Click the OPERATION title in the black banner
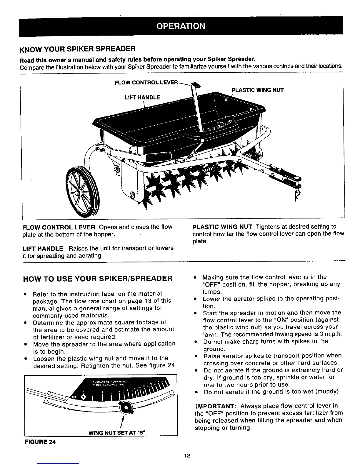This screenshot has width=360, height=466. point(181,26)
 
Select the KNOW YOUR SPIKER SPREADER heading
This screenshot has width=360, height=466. point(77,48)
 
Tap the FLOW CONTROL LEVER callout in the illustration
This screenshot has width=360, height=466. point(146,82)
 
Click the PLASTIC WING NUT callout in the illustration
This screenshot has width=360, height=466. point(258,90)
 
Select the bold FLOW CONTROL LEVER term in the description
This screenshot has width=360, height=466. point(59,227)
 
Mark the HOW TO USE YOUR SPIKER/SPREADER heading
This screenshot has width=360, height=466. point(97,278)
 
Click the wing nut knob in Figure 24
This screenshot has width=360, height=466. point(127,408)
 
